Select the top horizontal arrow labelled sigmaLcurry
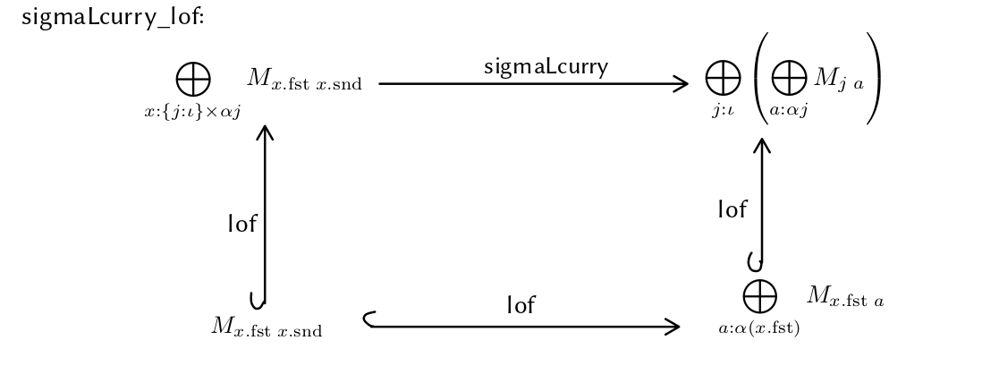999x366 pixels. [x=533, y=84]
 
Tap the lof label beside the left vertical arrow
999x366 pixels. [x=242, y=224]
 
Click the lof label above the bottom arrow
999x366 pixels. [x=521, y=306]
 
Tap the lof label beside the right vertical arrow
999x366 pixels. [x=732, y=210]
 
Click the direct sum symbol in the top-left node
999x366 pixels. [x=193, y=81]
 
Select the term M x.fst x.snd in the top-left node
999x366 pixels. [x=304, y=82]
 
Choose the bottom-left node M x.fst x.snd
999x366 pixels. [x=267, y=327]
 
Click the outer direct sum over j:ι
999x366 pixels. [x=723, y=81]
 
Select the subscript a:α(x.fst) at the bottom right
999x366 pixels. [x=759, y=328]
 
